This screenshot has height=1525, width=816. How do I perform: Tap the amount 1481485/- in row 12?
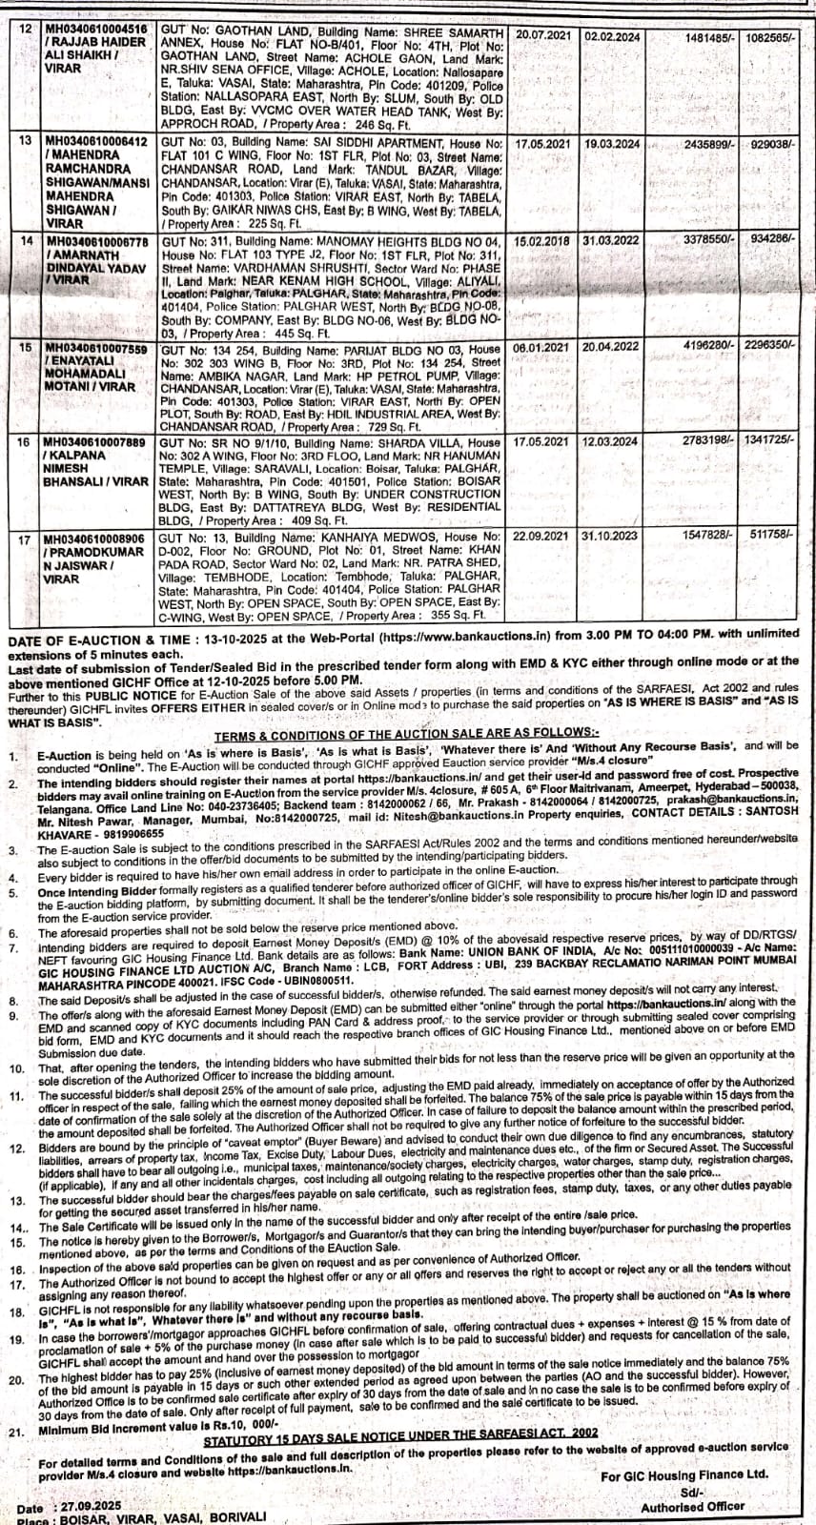coord(706,36)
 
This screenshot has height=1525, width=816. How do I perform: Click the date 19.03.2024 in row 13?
coord(611,143)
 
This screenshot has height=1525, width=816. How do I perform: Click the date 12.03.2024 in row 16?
coord(611,442)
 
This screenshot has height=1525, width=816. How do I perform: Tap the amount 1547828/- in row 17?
coord(706,536)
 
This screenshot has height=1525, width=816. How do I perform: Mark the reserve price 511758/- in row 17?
coord(771,536)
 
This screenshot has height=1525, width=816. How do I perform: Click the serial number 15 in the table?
coord(26,348)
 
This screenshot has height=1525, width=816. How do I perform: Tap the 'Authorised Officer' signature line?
coord(691,1507)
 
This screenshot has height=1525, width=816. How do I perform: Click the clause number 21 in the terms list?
coord(15,1431)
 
